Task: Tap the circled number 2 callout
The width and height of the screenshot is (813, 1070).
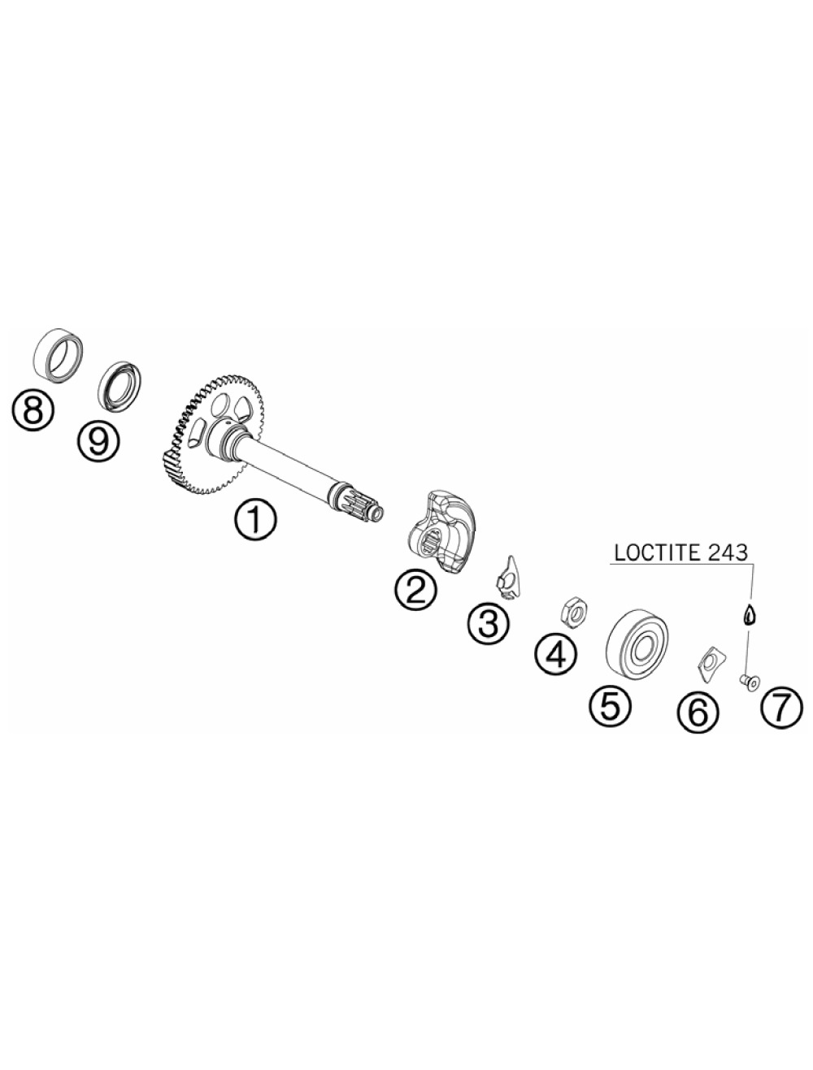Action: coord(416,591)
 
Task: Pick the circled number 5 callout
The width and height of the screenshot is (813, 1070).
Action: coord(610,705)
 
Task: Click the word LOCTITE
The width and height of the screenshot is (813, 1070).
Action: coord(651,552)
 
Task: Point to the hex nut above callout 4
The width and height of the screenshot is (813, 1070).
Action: coord(573,613)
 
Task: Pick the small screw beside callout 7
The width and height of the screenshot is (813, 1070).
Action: coord(748,681)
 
